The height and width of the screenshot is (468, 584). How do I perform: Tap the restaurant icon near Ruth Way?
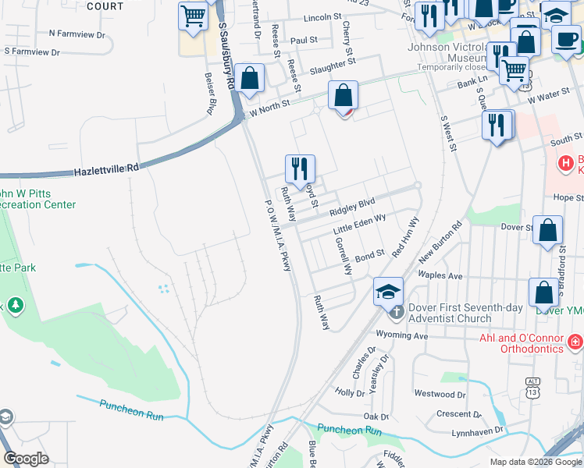click(x=300, y=168)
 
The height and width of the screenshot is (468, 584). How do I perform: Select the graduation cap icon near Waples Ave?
click(x=388, y=291)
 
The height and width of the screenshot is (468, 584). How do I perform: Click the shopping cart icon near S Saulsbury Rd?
click(x=192, y=15)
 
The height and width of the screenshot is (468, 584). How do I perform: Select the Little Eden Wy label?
click(x=360, y=225)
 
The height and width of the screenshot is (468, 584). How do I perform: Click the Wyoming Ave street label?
click(x=403, y=335)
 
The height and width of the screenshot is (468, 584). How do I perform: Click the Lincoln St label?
click(x=323, y=16)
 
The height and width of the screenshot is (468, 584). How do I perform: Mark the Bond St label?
click(x=370, y=255)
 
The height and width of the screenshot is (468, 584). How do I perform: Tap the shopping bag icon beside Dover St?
click(x=549, y=230)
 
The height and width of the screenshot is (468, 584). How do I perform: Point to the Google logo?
click(x=26, y=459)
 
